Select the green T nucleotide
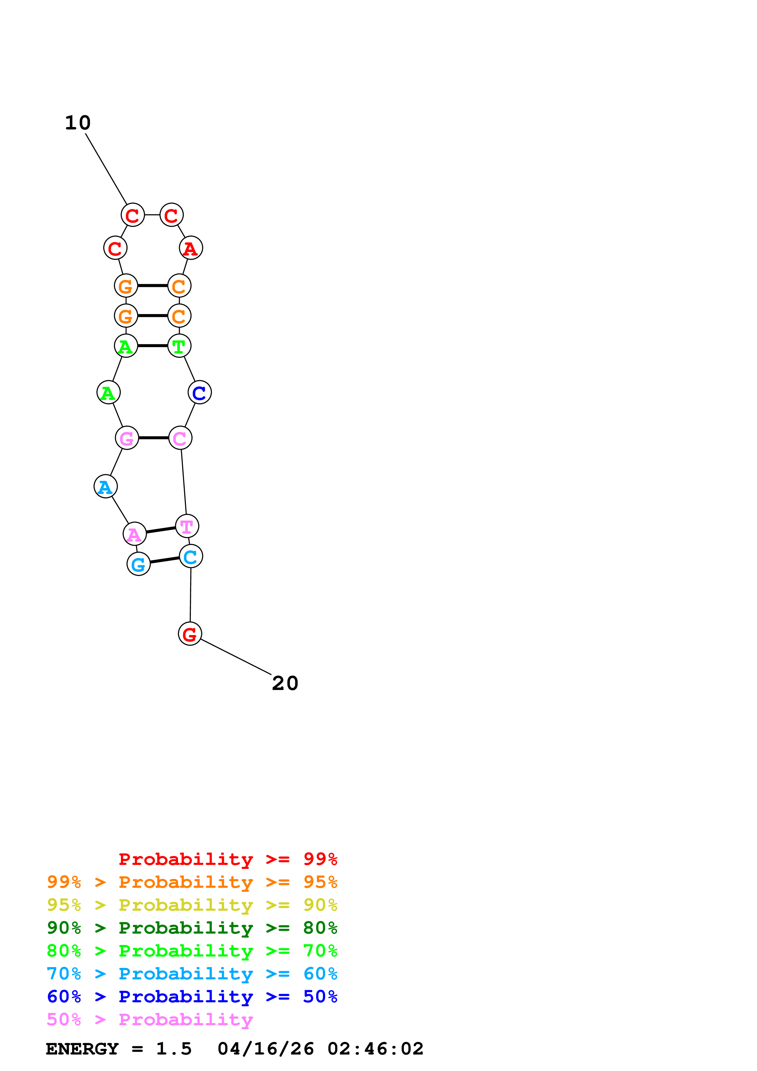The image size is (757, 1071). click(179, 346)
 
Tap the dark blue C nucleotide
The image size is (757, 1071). click(200, 392)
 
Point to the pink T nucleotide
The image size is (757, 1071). click(187, 526)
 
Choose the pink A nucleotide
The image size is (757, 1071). click(135, 534)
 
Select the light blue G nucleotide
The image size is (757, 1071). click(139, 564)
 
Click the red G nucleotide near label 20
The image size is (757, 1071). click(190, 634)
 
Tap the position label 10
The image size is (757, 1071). click(78, 123)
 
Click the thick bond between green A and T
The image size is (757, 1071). click(152, 346)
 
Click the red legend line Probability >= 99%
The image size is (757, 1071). click(227, 859)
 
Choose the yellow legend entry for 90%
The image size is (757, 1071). click(192, 905)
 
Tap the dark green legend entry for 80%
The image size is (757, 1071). click(192, 928)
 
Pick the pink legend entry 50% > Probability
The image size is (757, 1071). click(150, 1020)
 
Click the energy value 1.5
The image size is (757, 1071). click(173, 1049)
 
